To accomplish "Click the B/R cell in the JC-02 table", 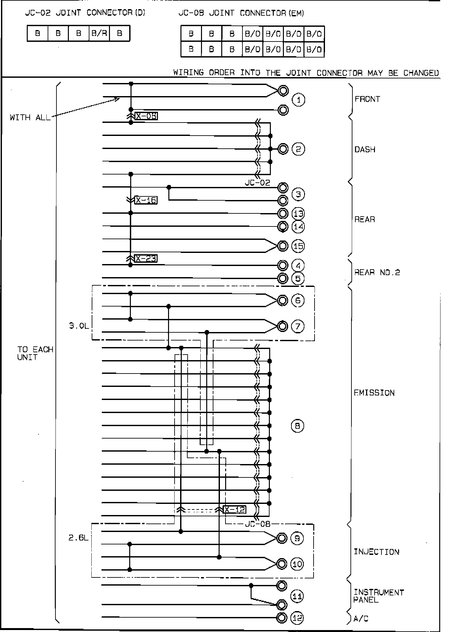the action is pyautogui.click(x=99, y=33).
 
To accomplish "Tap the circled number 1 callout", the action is pyautogui.click(x=298, y=100).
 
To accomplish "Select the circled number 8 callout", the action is pyautogui.click(x=297, y=426).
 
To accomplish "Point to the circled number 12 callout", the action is pyautogui.click(x=297, y=618).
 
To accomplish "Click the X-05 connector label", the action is pyautogui.click(x=146, y=116).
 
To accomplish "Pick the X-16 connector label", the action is pyautogui.click(x=146, y=200).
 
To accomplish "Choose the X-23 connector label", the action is pyautogui.click(x=146, y=259).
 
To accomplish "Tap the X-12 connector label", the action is pyautogui.click(x=235, y=509).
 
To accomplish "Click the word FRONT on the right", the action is pyautogui.click(x=367, y=99).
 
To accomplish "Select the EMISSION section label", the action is pyautogui.click(x=374, y=392).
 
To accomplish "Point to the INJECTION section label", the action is pyautogui.click(x=377, y=552).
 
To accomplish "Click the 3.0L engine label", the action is pyautogui.click(x=79, y=326).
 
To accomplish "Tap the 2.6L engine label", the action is pyautogui.click(x=78, y=538).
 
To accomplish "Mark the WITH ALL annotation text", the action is pyautogui.click(x=30, y=118).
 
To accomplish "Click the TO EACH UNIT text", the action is pyautogui.click(x=35, y=353).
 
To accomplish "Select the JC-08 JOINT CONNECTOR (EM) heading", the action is pyautogui.click(x=241, y=13).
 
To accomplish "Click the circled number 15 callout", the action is pyautogui.click(x=298, y=246).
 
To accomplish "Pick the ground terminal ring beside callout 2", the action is pyautogui.click(x=283, y=149).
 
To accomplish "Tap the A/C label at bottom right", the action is pyautogui.click(x=361, y=619).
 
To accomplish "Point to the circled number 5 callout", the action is pyautogui.click(x=298, y=279).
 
